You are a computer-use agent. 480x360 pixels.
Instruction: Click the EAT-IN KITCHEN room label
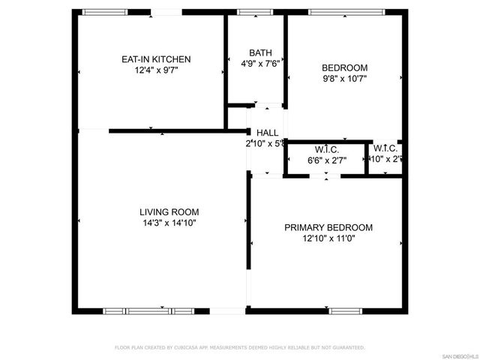156,59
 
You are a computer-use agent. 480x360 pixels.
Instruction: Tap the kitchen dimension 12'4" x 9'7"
156,70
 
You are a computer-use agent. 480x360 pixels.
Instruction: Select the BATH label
260,53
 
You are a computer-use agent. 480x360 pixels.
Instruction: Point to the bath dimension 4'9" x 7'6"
260,64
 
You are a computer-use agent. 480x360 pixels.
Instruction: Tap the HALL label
268,132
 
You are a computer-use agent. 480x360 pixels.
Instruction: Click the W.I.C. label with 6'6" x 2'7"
327,149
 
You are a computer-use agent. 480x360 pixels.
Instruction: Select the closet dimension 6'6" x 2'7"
327,159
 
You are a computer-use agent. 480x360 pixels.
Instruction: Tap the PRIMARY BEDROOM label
328,228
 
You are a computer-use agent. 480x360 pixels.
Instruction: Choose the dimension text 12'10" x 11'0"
328,238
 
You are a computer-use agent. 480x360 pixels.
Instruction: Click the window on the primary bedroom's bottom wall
346,310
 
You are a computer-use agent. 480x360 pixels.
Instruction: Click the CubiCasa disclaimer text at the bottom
239,347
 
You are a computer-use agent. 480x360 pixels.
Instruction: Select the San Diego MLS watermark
459,355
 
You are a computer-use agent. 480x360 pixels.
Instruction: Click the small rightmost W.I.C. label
386,148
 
